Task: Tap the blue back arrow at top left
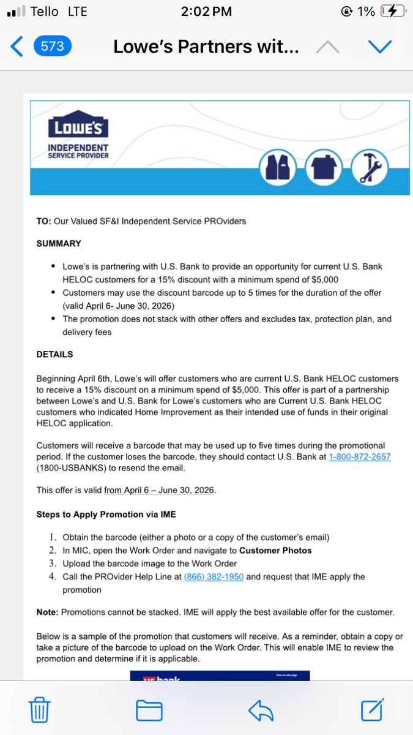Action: click(17, 47)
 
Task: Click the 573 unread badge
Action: click(52, 47)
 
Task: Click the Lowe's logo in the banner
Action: click(78, 127)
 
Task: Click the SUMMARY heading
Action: click(59, 244)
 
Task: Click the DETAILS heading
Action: click(54, 355)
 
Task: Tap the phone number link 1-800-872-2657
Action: click(360, 457)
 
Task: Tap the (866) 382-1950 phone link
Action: click(214, 576)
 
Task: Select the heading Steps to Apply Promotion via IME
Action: click(106, 515)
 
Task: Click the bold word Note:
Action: click(48, 612)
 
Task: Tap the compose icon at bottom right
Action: click(372, 710)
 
